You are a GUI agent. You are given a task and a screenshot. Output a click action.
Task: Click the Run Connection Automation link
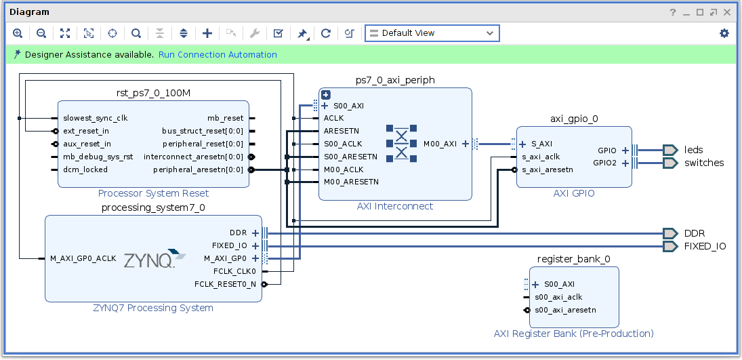tap(218, 55)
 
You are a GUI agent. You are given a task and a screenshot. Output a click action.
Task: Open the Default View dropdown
tap(432, 33)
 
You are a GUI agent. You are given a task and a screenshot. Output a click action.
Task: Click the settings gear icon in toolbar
tap(724, 33)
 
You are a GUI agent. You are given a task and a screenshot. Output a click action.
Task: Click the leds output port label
tap(693, 150)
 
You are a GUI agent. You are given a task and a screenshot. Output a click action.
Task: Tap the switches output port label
tap(703, 163)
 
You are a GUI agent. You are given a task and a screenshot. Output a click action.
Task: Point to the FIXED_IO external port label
tap(705, 246)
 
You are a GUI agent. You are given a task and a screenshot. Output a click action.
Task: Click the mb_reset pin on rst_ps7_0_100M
tap(225, 118)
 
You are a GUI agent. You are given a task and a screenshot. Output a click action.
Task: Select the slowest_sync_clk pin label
tap(95, 118)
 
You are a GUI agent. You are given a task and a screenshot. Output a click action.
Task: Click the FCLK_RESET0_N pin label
tap(225, 284)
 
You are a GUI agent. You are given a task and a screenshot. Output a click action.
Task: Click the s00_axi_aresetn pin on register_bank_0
tap(565, 310)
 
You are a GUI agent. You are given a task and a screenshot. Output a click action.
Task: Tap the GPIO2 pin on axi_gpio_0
tap(604, 163)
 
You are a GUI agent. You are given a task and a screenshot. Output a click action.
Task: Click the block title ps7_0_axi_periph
tap(395, 80)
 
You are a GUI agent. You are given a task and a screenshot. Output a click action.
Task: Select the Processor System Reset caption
tap(153, 193)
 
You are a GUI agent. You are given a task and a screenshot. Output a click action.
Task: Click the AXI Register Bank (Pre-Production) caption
tap(573, 334)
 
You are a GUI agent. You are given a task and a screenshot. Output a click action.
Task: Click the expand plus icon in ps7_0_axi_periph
tap(325, 95)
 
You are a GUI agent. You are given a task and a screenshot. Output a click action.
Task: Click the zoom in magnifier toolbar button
tap(18, 33)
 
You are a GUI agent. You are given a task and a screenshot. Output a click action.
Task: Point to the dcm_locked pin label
tap(85, 169)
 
